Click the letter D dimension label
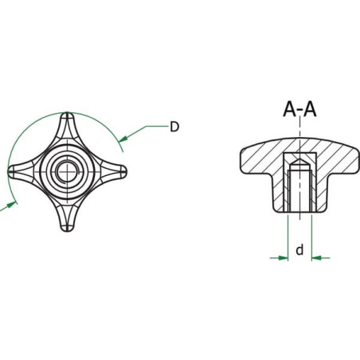174,127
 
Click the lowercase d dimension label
299,250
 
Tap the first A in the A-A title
290,109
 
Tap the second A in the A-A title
310,109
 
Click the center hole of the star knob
68,172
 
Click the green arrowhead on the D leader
123,139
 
